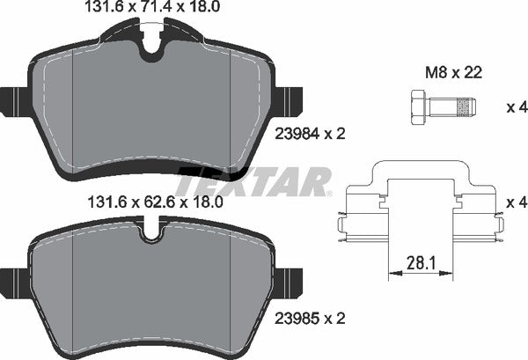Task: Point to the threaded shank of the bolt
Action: click(456, 108)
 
